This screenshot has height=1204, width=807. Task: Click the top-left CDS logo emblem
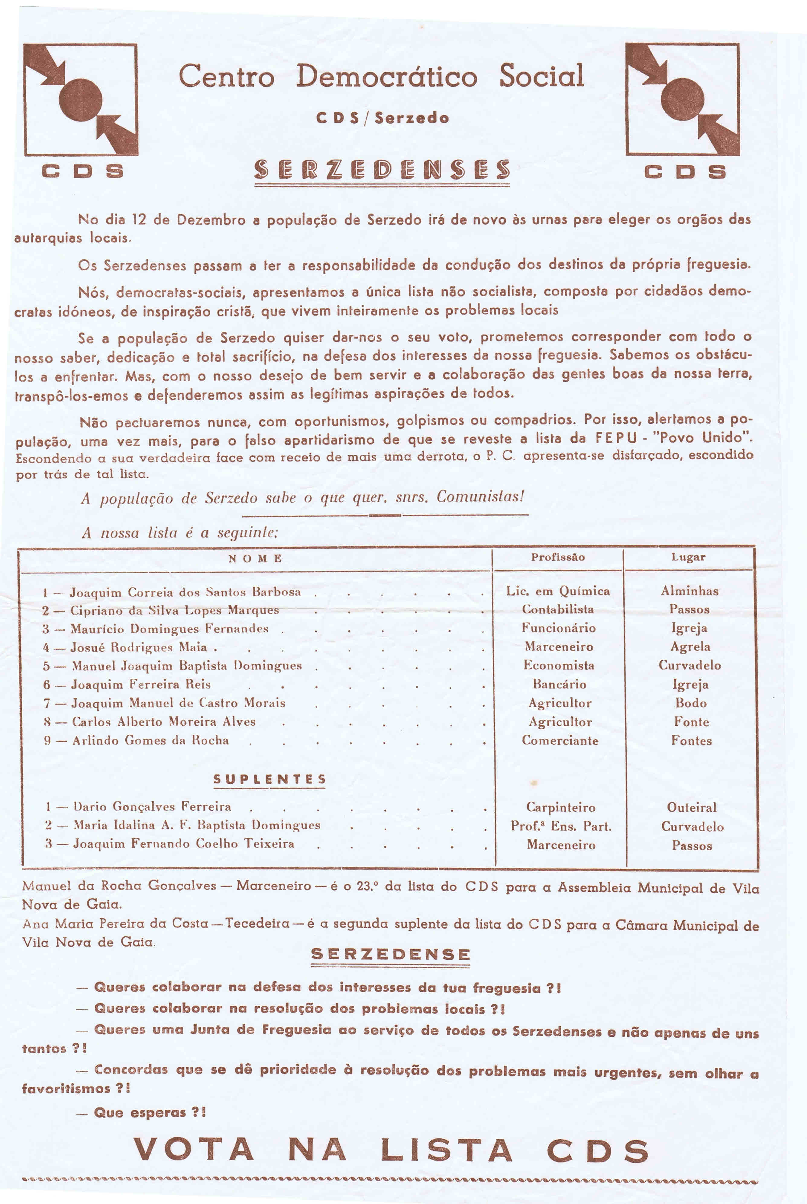81,99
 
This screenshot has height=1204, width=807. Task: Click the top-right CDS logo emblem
683,99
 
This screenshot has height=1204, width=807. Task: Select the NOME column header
255,558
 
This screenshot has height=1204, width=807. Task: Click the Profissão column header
558,557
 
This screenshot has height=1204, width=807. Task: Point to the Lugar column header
688,557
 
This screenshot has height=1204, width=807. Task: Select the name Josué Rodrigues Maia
139,647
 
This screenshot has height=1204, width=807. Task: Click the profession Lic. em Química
558,591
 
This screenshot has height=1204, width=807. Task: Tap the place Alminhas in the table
690,591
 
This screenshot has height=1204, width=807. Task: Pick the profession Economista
559,665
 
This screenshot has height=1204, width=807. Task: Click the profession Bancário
560,685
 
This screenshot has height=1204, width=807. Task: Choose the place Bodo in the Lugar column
691,703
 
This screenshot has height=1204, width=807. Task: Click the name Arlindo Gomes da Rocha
150,740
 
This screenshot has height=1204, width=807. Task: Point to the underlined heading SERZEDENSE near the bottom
391,954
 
